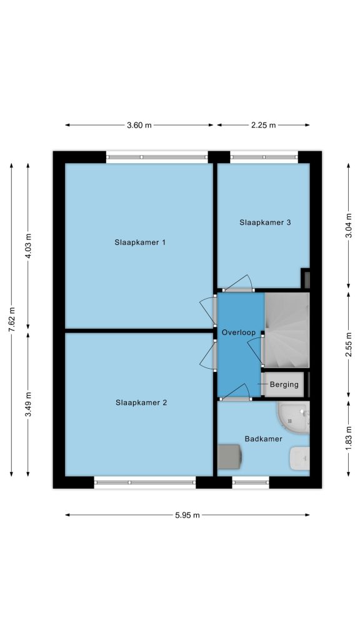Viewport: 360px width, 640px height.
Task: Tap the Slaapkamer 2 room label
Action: (141, 402)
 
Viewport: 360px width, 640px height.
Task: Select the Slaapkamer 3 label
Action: (265, 222)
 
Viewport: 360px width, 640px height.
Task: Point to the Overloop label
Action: (238, 332)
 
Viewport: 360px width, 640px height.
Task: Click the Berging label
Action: (284, 384)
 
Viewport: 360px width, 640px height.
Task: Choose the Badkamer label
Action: (263, 439)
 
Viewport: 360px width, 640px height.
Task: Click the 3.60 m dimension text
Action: (139, 125)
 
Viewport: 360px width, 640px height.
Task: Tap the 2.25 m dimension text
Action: (263, 125)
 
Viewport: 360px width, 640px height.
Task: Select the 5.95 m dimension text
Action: (187, 515)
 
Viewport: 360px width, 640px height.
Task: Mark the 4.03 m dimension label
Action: (27, 246)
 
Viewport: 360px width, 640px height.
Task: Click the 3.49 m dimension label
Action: (27, 404)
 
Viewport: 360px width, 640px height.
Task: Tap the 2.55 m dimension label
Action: (348, 344)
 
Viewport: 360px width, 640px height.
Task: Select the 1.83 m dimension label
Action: (348, 438)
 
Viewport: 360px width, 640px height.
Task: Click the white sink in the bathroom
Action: (299, 458)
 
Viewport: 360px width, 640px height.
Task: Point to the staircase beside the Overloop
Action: (287, 330)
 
